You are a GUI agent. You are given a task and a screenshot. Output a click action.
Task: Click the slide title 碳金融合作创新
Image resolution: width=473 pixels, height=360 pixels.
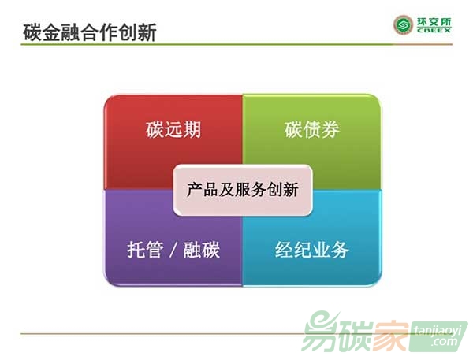pyautogui.click(x=90, y=32)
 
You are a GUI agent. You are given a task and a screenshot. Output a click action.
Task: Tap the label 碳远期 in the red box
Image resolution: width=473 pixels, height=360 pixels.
pyautogui.click(x=173, y=130)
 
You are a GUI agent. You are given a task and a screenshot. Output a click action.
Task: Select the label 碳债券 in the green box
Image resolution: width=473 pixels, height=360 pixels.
pyautogui.click(x=311, y=130)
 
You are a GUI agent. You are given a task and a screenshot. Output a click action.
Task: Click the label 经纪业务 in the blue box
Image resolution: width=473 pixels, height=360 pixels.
pyautogui.click(x=312, y=250)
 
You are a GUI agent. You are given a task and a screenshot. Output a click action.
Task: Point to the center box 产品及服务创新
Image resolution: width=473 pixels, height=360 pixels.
pyautogui.click(x=243, y=191)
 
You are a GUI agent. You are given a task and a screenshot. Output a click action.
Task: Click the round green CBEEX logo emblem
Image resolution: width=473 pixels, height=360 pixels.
pyautogui.click(x=403, y=25)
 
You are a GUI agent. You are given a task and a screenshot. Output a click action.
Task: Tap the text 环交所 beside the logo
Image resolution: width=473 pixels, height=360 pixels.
pyautogui.click(x=434, y=22)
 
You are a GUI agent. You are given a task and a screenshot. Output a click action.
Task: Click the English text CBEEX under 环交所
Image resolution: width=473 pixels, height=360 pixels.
pyautogui.click(x=434, y=30)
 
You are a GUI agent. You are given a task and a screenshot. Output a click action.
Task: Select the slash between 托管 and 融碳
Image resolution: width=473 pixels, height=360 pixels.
pyautogui.click(x=173, y=250)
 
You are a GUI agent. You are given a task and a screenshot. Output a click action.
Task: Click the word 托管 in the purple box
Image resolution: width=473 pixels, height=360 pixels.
pyautogui.click(x=145, y=250)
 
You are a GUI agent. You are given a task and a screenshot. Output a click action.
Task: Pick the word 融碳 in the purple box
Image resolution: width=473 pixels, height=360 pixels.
pyautogui.click(x=201, y=250)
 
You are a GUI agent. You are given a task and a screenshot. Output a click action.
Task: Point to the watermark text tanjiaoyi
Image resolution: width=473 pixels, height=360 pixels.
pyautogui.click(x=438, y=331)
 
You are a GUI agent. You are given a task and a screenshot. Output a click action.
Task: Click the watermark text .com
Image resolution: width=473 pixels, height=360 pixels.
pyautogui.click(x=444, y=342)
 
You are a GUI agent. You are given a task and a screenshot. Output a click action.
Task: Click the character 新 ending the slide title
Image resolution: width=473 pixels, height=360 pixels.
pyautogui.click(x=147, y=32)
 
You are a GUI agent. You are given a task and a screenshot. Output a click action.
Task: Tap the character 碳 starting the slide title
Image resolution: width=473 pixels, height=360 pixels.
pyautogui.click(x=32, y=32)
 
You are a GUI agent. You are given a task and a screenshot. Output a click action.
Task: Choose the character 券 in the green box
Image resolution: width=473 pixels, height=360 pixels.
pyautogui.click(x=330, y=130)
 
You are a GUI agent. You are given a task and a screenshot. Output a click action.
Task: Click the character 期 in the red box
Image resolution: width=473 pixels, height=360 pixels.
pyautogui.click(x=192, y=130)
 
